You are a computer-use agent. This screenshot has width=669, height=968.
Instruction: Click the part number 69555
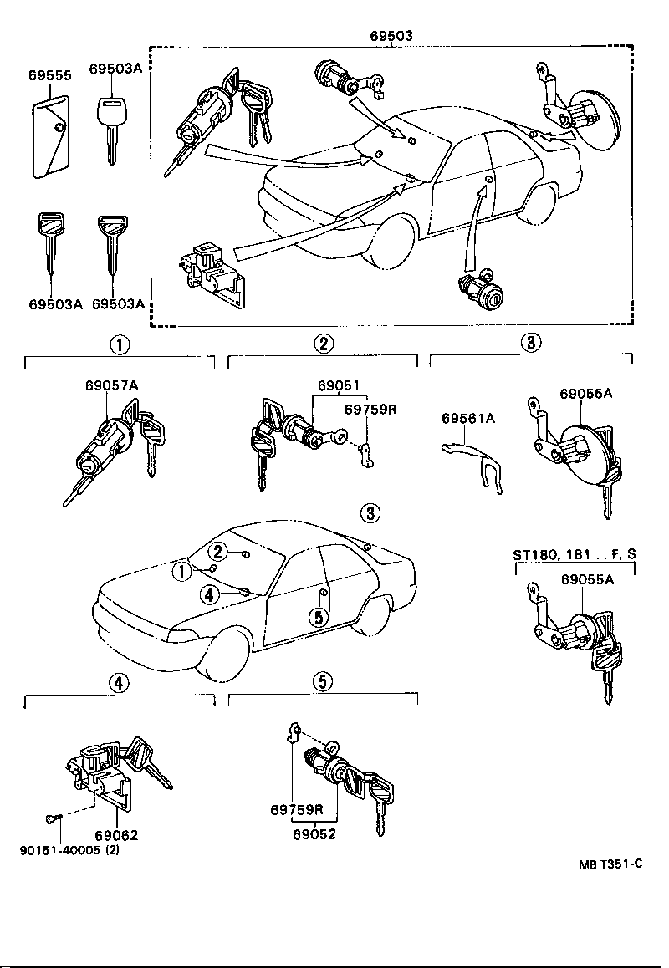(x=49, y=75)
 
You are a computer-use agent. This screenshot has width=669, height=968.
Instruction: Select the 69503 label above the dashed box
(x=392, y=35)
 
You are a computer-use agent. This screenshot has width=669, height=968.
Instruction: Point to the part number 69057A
(x=110, y=385)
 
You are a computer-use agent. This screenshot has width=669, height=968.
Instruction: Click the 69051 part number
(x=338, y=386)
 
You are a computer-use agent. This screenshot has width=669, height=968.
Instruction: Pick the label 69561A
(x=468, y=418)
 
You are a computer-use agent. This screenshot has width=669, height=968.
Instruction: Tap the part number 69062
(x=116, y=835)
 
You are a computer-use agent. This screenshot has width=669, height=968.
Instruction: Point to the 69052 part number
(x=314, y=833)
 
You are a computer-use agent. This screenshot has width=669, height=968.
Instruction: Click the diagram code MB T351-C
(x=610, y=864)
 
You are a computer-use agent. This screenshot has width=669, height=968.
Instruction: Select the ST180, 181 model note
(x=574, y=554)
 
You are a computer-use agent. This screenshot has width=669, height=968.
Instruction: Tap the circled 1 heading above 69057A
(x=120, y=344)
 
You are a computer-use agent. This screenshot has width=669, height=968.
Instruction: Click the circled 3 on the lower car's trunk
(x=370, y=512)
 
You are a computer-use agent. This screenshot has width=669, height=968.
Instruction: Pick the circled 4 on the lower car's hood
(x=210, y=594)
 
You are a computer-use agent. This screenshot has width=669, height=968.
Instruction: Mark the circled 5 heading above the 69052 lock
(x=323, y=682)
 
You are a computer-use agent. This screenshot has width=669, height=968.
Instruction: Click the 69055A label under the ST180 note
(x=586, y=578)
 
